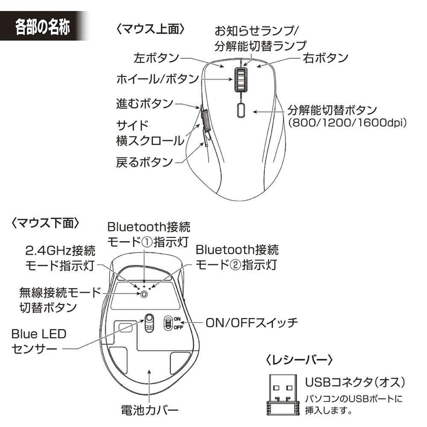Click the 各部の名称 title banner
click(44, 26)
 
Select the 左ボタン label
click(156, 58)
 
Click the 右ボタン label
click(325, 58)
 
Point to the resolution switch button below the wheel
click(241, 110)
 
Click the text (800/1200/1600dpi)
click(348, 123)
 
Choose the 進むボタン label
click(145, 103)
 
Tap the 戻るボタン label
click(145, 162)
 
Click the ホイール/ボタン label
click(158, 79)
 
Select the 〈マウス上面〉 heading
click(150, 29)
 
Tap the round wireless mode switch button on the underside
click(144, 294)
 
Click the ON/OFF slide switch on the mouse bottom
click(168, 323)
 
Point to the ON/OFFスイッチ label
click(252, 323)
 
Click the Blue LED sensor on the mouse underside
click(149, 323)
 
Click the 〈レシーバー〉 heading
click(299, 360)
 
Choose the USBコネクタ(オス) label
click(355, 382)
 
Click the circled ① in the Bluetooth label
click(147, 242)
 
